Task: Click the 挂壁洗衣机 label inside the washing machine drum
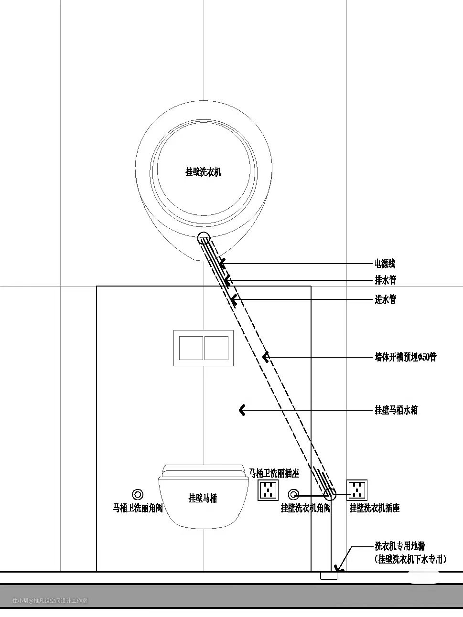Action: (x=203, y=172)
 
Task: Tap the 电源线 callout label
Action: (x=385, y=264)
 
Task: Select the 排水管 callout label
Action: (x=385, y=280)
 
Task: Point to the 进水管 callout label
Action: (x=385, y=299)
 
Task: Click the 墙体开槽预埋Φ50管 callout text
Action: (x=405, y=357)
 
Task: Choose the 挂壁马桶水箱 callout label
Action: (x=396, y=410)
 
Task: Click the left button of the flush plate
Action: (x=191, y=348)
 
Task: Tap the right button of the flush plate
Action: (x=216, y=348)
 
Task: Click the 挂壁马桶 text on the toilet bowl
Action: (x=203, y=498)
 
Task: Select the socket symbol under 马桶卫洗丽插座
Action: (x=268, y=490)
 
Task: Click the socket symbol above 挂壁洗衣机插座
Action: (x=357, y=490)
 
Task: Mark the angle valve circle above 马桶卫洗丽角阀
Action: (x=138, y=494)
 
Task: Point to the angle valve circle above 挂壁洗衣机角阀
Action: (x=293, y=494)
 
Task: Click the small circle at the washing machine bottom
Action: (x=204, y=238)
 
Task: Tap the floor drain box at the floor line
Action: (x=328, y=575)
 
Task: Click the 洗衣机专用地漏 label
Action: (x=399, y=546)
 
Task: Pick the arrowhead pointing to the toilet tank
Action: (x=242, y=410)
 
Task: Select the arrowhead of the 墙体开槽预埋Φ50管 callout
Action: (x=266, y=357)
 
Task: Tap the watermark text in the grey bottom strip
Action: (x=50, y=601)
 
